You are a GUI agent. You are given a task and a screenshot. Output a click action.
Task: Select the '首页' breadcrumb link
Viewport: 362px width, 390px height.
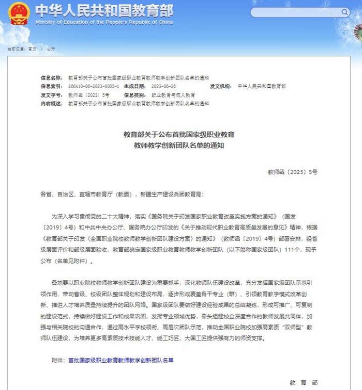32,48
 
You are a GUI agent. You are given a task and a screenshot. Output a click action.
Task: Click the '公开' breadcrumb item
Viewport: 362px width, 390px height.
51,48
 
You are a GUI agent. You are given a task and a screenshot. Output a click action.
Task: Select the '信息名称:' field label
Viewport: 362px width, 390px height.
52,77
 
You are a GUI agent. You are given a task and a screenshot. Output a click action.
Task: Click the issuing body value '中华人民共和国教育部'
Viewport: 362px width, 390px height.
262,86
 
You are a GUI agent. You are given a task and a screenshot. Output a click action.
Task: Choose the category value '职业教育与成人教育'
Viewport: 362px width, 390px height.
173,95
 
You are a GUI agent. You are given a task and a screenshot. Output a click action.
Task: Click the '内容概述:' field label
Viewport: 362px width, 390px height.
52,104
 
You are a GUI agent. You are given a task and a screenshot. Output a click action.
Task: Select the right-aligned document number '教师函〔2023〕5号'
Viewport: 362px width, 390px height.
293,171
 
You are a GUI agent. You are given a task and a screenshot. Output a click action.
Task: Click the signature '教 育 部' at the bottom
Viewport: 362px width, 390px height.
304,382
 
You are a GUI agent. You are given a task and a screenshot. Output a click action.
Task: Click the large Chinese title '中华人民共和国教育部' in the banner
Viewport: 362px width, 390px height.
104,10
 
